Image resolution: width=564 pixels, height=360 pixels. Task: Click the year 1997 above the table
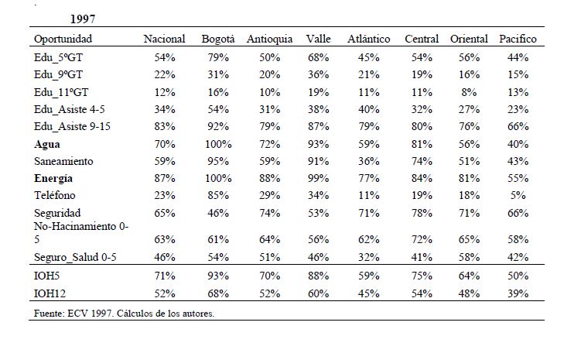click(x=83, y=19)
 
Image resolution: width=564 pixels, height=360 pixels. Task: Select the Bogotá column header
click(x=218, y=39)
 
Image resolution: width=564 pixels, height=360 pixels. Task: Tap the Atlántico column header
click(x=369, y=39)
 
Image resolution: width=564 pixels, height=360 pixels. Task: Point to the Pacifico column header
click(x=518, y=39)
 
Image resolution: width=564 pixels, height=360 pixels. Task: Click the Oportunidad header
click(x=63, y=39)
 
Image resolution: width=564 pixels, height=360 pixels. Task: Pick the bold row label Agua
click(x=46, y=144)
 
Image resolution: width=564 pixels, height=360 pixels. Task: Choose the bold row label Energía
click(x=53, y=178)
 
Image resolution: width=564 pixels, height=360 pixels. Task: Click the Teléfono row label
click(x=55, y=195)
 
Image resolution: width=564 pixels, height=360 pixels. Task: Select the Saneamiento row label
click(x=63, y=161)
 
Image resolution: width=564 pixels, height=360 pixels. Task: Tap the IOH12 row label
click(x=50, y=293)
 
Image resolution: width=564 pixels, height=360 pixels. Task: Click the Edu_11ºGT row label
click(x=61, y=92)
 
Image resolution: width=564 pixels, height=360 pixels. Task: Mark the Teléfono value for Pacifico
click(x=518, y=195)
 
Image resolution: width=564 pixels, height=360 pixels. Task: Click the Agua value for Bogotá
click(x=218, y=144)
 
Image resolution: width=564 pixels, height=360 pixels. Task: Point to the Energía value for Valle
click(x=318, y=178)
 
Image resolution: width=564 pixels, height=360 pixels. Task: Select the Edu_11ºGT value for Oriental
click(x=469, y=92)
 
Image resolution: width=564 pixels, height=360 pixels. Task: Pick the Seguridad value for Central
click(x=422, y=213)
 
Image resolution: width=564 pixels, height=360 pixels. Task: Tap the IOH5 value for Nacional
click(x=165, y=276)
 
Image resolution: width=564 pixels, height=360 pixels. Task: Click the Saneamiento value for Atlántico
click(x=369, y=161)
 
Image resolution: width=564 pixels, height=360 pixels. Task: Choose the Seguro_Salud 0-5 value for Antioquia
click(x=270, y=257)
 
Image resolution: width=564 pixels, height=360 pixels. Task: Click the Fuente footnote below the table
click(x=124, y=314)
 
